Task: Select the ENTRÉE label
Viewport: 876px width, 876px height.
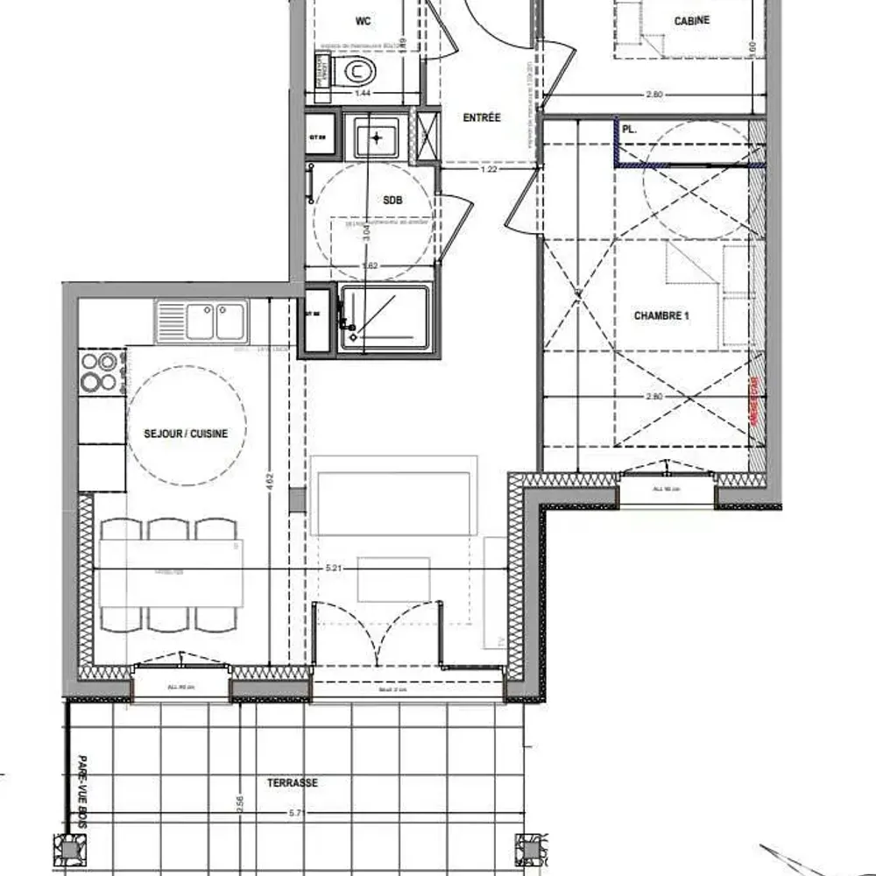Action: (x=482, y=117)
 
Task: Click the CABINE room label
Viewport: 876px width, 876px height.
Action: (x=692, y=20)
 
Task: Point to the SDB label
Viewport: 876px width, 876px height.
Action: (x=392, y=200)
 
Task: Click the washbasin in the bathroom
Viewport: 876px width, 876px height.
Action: (x=377, y=138)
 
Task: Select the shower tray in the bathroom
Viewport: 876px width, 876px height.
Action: (x=385, y=317)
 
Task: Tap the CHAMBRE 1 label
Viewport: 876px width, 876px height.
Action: (x=661, y=315)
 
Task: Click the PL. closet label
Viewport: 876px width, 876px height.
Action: (x=629, y=129)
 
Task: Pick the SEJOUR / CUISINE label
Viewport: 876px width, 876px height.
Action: (x=186, y=434)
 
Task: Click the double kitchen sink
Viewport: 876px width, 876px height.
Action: (x=202, y=320)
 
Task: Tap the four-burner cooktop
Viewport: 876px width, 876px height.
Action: (x=98, y=371)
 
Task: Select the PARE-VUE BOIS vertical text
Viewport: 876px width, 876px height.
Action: (x=85, y=788)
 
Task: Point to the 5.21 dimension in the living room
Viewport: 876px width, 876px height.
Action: (x=333, y=569)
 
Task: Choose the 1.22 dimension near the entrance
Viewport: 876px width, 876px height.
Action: (x=489, y=169)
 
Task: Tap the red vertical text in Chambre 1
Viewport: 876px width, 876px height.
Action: (x=752, y=403)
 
